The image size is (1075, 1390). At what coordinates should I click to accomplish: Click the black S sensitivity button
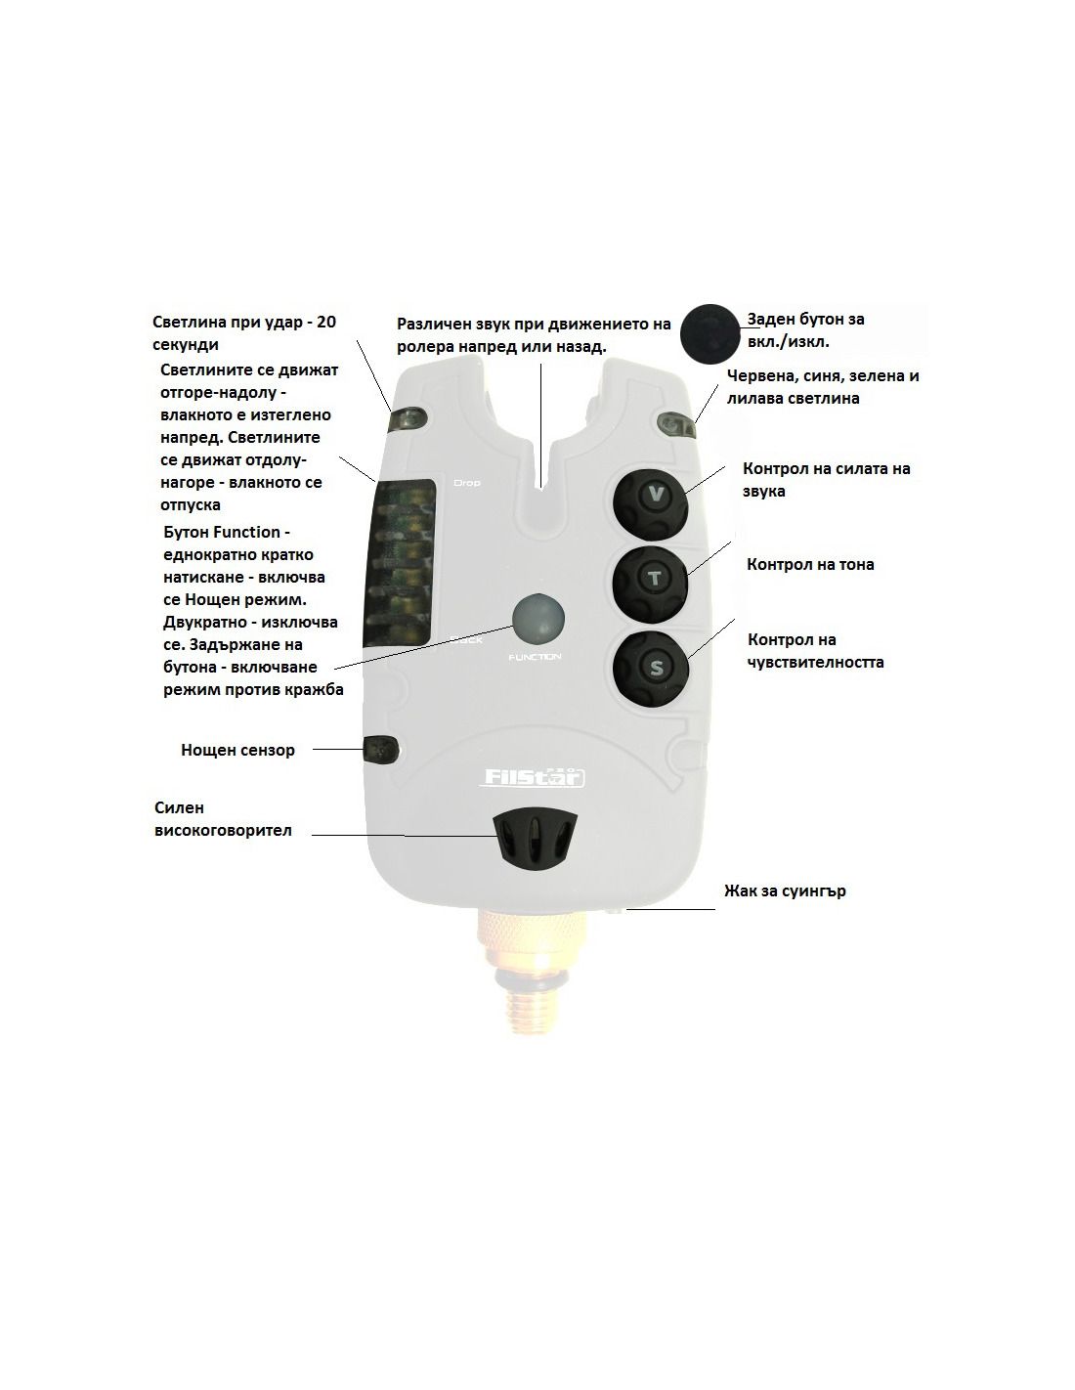point(650,669)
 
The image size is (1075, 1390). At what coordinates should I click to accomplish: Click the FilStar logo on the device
point(534,776)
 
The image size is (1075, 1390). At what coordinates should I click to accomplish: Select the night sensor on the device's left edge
point(380,749)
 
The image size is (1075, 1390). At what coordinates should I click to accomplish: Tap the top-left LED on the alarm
point(408,419)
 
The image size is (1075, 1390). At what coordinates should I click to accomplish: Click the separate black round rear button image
point(709,333)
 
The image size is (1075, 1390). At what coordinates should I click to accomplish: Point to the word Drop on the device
point(466,482)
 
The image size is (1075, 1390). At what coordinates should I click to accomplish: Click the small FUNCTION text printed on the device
point(535,657)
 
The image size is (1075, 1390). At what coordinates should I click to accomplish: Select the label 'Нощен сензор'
point(237,750)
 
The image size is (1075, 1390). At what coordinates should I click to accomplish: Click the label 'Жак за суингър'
point(785,890)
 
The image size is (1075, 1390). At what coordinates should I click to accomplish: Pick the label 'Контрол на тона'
point(810,564)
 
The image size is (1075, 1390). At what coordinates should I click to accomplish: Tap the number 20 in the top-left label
point(326,322)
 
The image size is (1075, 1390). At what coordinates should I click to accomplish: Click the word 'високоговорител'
point(223,830)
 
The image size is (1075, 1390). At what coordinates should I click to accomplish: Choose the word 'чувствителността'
point(815,662)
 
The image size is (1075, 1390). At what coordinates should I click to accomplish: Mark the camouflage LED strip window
point(400,564)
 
